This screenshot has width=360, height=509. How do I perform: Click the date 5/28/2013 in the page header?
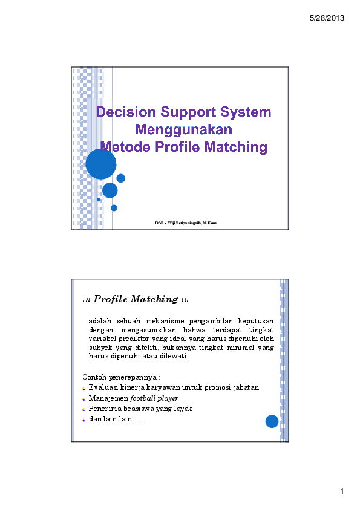tap(327, 18)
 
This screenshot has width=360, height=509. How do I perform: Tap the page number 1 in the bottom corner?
tap(342, 492)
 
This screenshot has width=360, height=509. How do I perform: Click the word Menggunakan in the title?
tap(184, 129)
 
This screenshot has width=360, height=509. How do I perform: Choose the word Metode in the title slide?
tap(123, 147)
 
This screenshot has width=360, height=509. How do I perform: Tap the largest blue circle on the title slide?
tap(100, 164)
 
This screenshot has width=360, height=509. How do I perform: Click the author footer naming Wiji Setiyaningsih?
tap(185, 223)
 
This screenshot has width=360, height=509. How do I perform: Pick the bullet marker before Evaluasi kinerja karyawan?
tap(84, 387)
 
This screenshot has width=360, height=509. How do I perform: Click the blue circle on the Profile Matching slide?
tap(272, 421)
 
